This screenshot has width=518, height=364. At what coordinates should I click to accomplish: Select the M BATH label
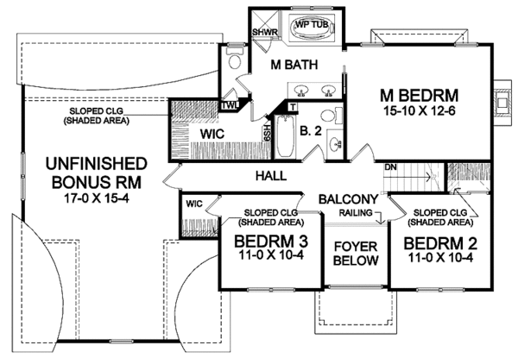point(294,65)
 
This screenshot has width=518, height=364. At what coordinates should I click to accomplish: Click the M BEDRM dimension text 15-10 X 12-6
point(420,111)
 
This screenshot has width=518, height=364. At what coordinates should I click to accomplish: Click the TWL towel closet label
point(230,105)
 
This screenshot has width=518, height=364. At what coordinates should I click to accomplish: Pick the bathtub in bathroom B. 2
point(285,136)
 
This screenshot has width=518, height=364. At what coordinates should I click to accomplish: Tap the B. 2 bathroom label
point(311,131)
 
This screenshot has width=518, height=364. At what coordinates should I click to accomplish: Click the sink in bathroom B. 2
point(336,144)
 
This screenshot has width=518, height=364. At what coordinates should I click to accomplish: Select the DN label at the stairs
point(390,167)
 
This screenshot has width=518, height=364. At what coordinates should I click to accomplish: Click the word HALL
point(271,176)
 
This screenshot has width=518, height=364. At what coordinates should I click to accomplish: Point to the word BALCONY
point(348,199)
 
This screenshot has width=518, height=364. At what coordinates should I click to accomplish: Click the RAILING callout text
point(356,213)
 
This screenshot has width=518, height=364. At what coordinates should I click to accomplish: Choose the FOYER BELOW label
point(356,254)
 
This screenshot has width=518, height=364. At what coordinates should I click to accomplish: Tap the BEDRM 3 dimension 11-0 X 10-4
point(271,255)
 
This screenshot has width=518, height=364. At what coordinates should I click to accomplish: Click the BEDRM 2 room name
point(440,244)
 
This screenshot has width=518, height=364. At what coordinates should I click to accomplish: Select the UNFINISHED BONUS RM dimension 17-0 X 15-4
point(97,198)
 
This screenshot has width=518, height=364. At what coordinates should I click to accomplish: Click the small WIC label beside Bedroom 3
point(194,204)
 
